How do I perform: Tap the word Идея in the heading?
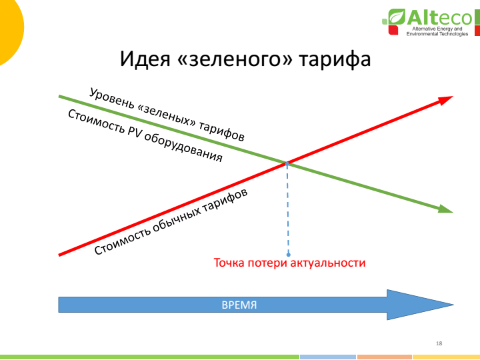point(145,58)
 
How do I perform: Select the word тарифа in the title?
point(335,59)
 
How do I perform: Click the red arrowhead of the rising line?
point(445,100)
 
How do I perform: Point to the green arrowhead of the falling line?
point(445,209)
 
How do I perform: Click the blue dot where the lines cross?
point(287,164)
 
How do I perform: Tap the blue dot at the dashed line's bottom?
point(289,255)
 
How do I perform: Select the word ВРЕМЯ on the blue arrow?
point(239,305)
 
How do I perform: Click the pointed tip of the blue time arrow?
point(453,305)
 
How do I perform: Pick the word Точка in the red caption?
point(229,263)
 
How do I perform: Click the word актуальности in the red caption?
point(328,263)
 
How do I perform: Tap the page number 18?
point(439,343)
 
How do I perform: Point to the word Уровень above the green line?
point(112,98)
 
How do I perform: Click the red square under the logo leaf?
point(393,30)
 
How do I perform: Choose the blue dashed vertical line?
point(288,209)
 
